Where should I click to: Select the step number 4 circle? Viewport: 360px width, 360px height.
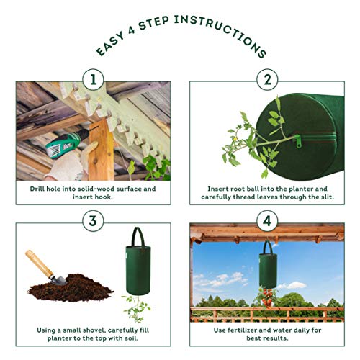tap(267, 221)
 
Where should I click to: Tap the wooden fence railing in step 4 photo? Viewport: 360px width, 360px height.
tap(216, 310)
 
